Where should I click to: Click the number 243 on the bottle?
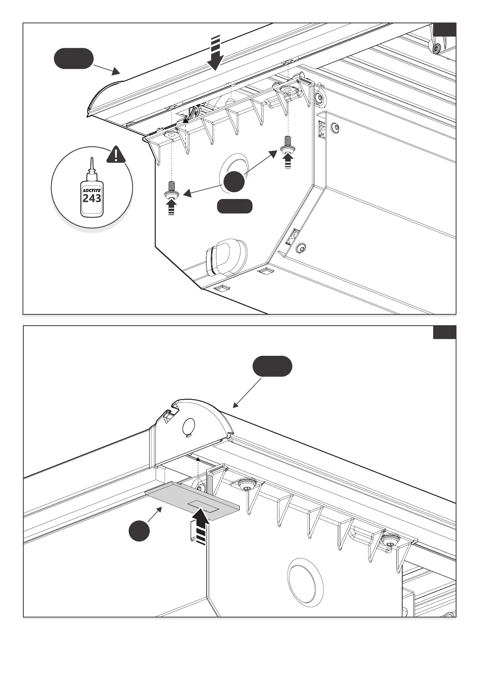(92, 198)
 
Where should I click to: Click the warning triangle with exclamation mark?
(116, 155)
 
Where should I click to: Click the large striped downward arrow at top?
(216, 53)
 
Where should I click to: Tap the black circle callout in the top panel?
(234, 181)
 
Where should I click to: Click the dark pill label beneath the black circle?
(235, 206)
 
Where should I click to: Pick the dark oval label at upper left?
(74, 59)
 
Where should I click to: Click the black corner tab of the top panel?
(445, 30)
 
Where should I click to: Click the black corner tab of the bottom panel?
(444, 332)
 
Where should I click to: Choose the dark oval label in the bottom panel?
(272, 366)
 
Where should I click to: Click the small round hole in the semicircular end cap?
(189, 426)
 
